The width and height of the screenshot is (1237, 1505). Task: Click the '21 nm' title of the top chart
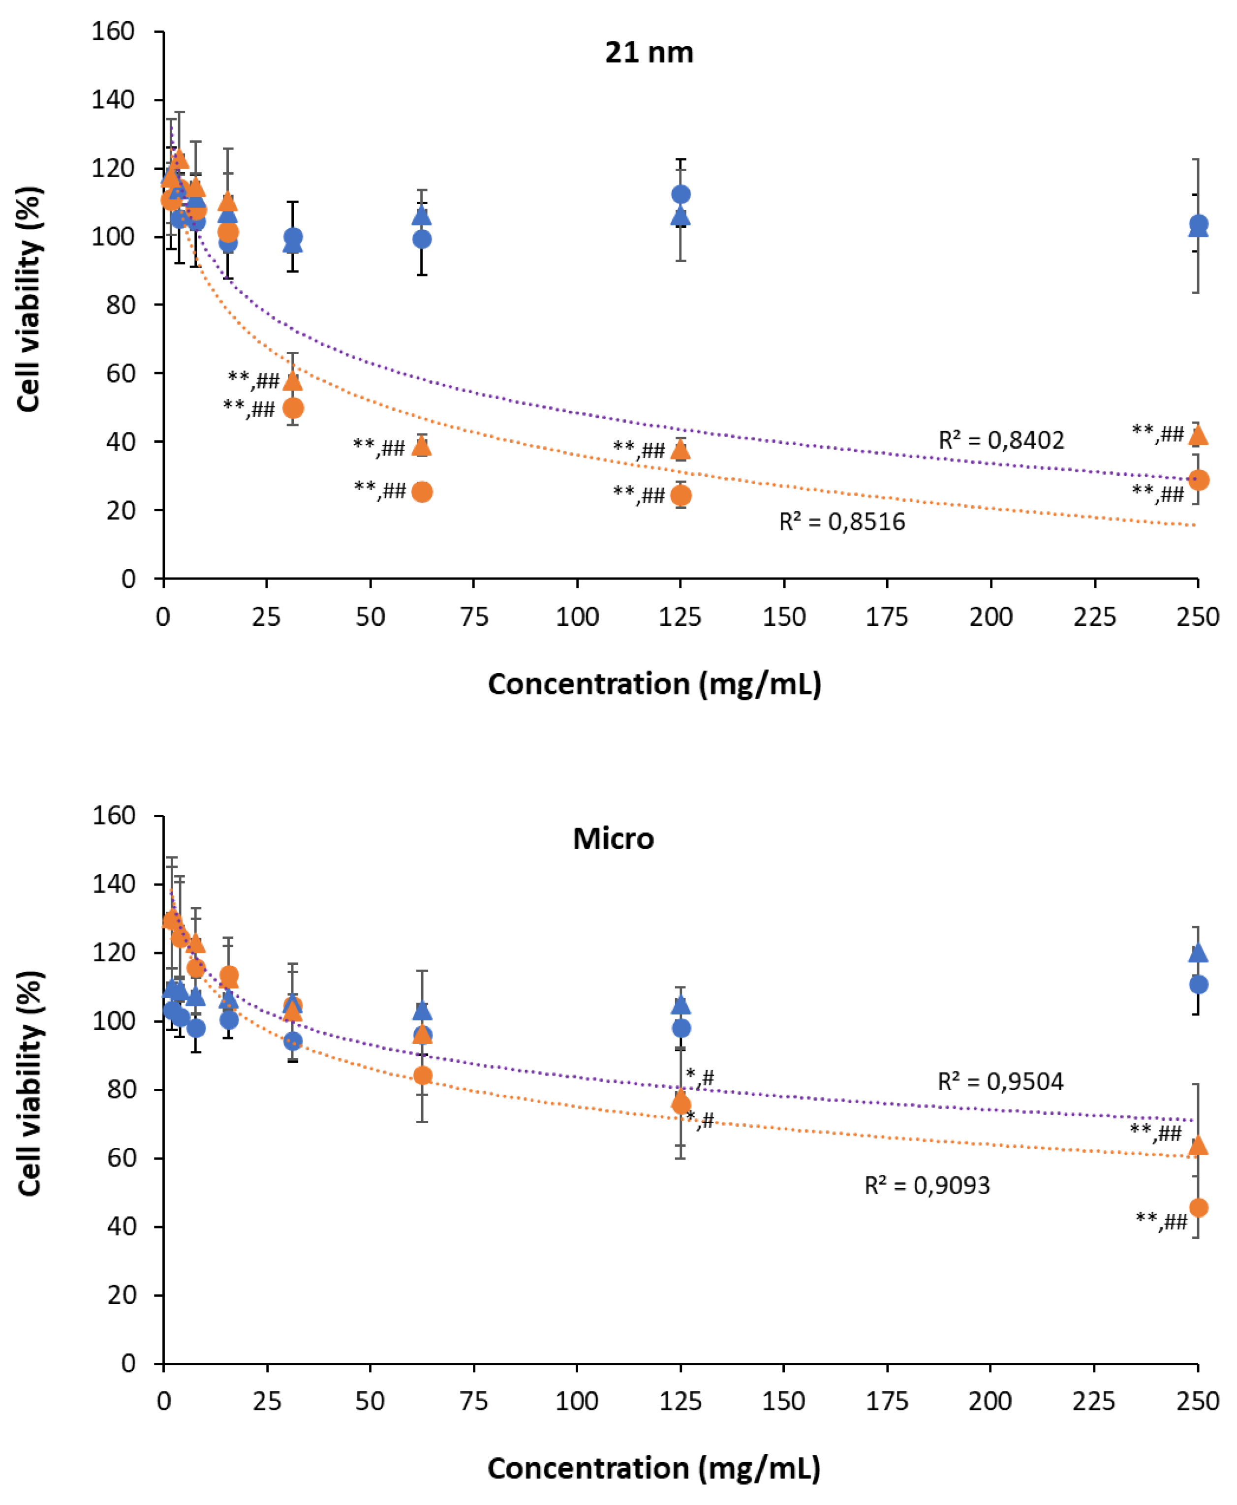649,53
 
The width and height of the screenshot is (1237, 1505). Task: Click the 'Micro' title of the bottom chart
613,839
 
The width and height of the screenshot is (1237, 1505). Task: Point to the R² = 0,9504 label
1000,1082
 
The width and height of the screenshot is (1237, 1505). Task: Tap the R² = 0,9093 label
927,1186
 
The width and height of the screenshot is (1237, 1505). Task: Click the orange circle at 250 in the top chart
1199,480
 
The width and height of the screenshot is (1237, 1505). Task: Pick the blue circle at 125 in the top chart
680,194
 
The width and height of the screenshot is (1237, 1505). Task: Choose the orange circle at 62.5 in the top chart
422,491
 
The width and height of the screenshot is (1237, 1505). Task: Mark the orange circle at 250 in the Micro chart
1199,1208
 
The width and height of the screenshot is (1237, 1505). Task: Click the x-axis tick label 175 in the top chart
887,616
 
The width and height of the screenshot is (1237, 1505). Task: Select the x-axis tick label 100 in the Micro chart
577,1401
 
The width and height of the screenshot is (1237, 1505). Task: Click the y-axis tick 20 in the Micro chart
121,1295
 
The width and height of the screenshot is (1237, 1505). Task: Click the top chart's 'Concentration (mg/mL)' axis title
654,684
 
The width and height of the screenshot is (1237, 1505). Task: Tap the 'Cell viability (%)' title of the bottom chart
30,1083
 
